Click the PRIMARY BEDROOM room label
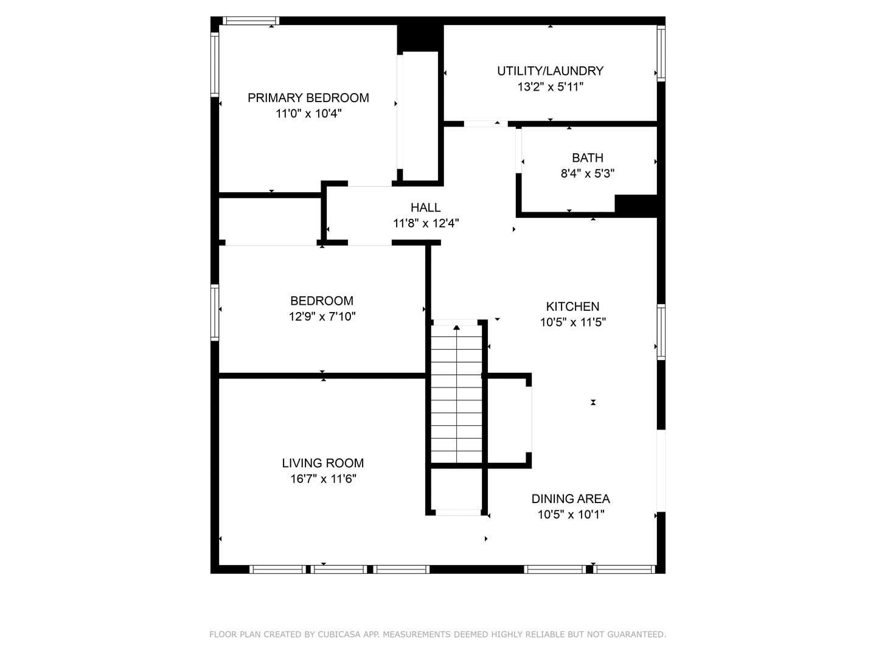coord(308,98)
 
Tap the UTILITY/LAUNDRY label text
coord(550,71)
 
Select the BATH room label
coord(587,158)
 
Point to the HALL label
coord(425,208)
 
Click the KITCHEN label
coord(572,307)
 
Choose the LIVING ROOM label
coord(322,464)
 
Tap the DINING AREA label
coord(570,499)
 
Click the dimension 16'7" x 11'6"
coord(322,479)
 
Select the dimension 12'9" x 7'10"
coord(322,317)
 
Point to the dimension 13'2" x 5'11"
coord(550,87)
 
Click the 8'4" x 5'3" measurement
coord(587,174)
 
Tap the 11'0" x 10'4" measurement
coord(308,114)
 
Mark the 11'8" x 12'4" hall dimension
coord(425,224)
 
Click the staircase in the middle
coord(456,395)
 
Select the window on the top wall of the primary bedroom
coord(251,21)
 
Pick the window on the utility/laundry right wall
coord(661,54)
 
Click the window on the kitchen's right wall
coord(661,332)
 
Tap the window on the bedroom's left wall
coord(215,311)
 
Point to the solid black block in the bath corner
coord(636,204)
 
